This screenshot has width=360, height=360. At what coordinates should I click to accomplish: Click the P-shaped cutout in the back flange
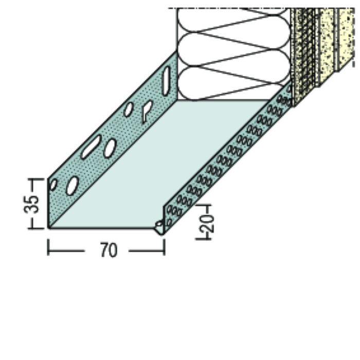(x=147, y=111)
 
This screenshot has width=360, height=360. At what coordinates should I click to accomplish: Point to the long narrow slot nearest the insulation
(x=166, y=80)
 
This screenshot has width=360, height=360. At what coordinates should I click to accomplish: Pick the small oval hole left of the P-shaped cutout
(x=129, y=109)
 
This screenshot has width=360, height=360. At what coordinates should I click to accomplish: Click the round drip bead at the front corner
(x=159, y=226)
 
